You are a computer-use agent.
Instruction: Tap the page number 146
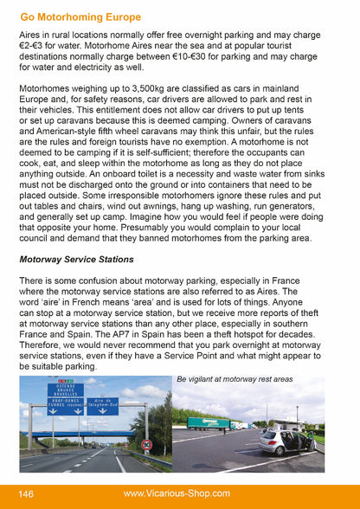[x=26, y=494]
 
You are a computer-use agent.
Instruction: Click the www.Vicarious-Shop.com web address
[x=177, y=494]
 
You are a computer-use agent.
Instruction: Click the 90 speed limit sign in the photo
[x=147, y=445]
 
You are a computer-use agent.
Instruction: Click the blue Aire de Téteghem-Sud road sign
[x=102, y=405]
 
